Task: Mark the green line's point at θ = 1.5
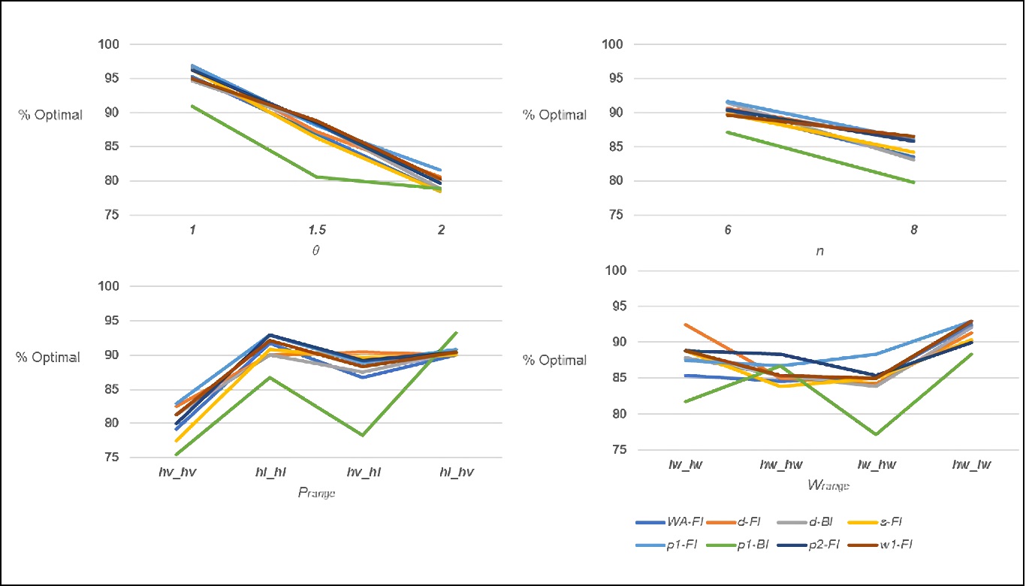point(317,177)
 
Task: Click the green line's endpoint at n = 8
point(914,182)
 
